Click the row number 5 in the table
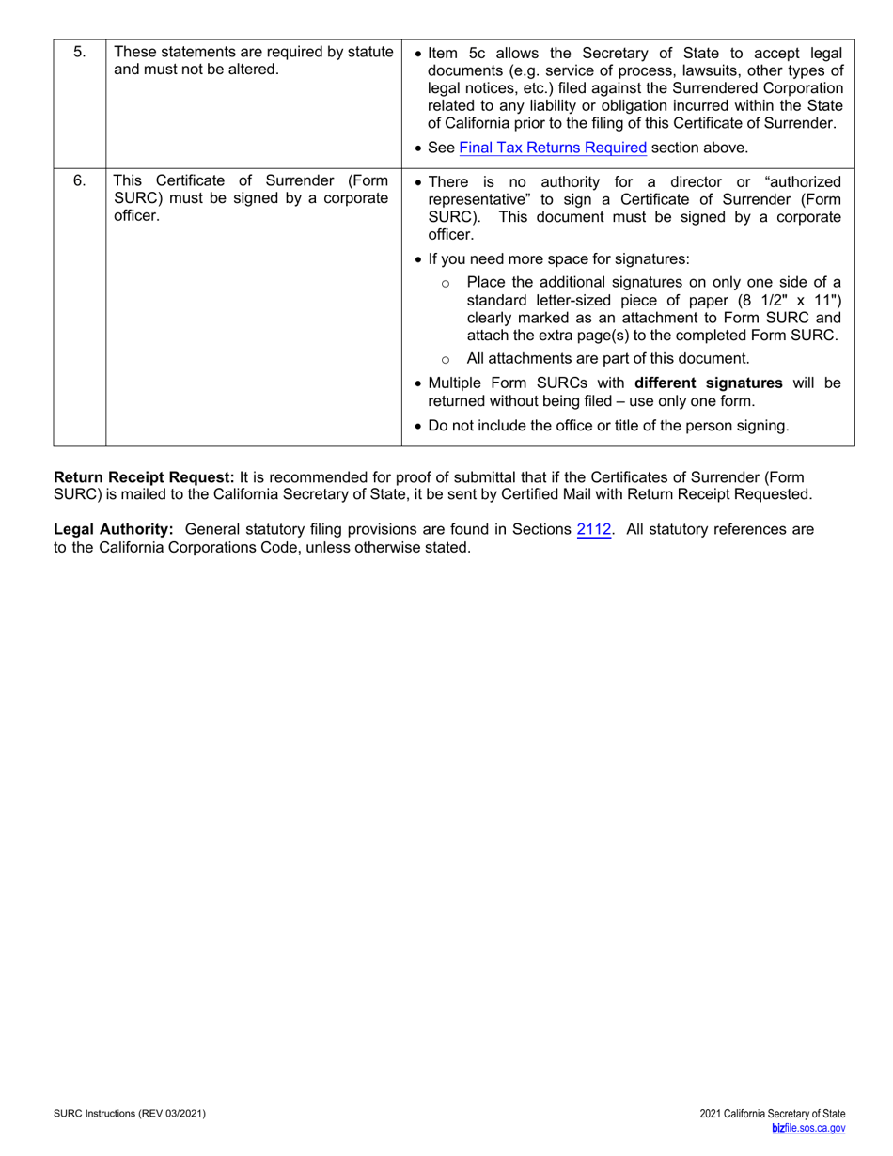click(79, 52)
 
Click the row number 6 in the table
click(79, 180)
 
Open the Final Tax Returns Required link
click(553, 148)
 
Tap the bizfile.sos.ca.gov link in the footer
click(808, 1129)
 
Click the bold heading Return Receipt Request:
click(144, 477)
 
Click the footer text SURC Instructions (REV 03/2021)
click(130, 1114)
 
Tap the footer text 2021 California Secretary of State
click(773, 1114)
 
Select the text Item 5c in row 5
click(457, 53)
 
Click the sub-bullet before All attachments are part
click(446, 359)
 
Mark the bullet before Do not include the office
click(418, 427)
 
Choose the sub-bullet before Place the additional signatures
click(446, 283)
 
